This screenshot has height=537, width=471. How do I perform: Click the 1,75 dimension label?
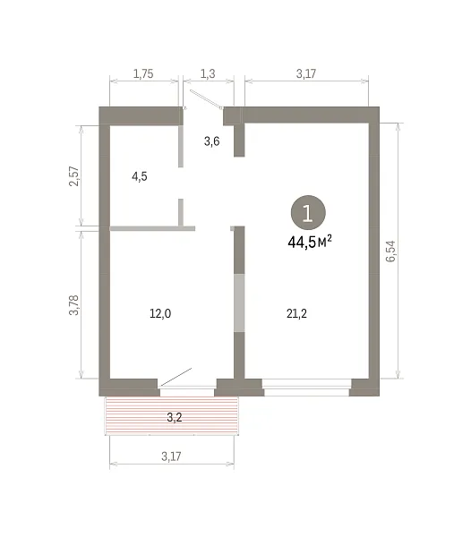tap(143, 73)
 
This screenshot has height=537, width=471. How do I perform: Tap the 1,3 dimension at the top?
tap(208, 73)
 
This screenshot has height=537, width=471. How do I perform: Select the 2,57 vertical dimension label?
tap(74, 176)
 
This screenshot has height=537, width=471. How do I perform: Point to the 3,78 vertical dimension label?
tap(74, 305)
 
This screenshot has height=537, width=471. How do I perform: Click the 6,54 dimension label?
tap(390, 251)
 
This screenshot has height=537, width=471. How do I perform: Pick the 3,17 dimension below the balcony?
tap(171, 456)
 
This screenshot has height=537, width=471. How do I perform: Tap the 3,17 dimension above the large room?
tap(306, 73)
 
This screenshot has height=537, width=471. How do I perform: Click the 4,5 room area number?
tap(140, 176)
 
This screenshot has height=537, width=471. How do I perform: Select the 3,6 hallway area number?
tap(211, 141)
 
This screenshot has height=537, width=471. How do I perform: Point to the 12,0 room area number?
tap(160, 313)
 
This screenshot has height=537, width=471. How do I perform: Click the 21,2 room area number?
tap(296, 313)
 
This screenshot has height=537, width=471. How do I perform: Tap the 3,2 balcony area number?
tap(175, 417)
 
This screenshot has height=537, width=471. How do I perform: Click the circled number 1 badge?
tap(308, 213)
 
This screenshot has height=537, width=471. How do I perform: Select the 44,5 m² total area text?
tap(310, 242)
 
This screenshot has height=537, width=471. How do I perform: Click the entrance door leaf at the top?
tap(206, 99)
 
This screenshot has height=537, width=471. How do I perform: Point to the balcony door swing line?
tap(176, 377)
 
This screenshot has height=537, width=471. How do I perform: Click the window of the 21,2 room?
tap(307, 388)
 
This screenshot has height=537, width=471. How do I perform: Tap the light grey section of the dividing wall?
tap(239, 303)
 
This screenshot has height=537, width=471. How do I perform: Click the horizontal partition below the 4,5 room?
tap(152, 228)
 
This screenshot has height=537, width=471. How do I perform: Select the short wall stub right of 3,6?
tap(239, 141)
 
